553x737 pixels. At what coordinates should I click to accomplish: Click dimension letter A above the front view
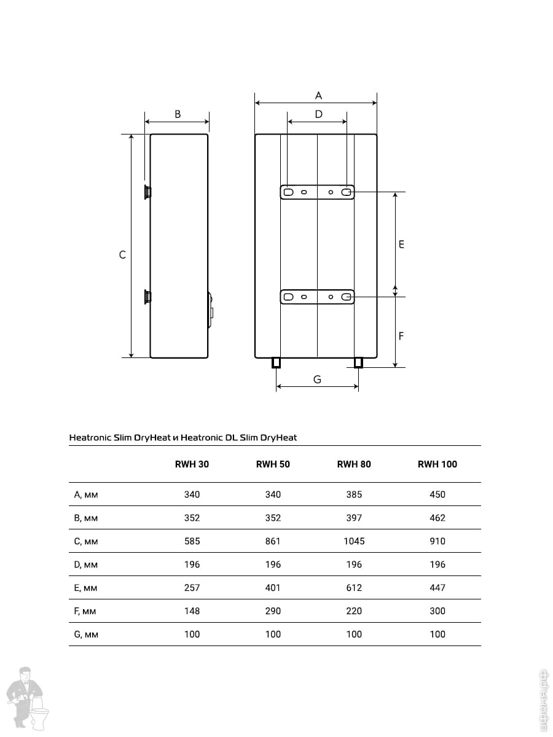pos(318,95)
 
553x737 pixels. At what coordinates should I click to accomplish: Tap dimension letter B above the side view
pos(178,114)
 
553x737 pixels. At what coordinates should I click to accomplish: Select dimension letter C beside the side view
pos(122,255)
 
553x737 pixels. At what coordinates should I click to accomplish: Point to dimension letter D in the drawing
pos(318,114)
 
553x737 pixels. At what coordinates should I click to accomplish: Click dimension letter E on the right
pos(401,244)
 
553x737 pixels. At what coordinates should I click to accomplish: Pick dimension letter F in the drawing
pos(401,337)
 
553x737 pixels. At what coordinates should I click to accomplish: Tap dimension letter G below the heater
pos(317,380)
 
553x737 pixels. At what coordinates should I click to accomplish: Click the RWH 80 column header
pos(354,464)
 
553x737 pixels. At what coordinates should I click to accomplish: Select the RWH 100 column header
pos(437,464)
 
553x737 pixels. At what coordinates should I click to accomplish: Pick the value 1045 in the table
pos(354,541)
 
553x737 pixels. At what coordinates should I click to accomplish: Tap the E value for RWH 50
pos(273,588)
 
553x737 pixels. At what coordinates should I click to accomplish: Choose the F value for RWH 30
pos(192,611)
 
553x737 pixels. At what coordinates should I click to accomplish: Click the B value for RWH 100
pos(437,518)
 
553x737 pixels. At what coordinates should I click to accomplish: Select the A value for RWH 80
pos(354,494)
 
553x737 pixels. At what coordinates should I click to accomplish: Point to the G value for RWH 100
pos(437,634)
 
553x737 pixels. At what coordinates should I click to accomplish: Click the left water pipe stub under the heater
pos(276,363)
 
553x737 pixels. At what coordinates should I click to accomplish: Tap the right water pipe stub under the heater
pos(359,363)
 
